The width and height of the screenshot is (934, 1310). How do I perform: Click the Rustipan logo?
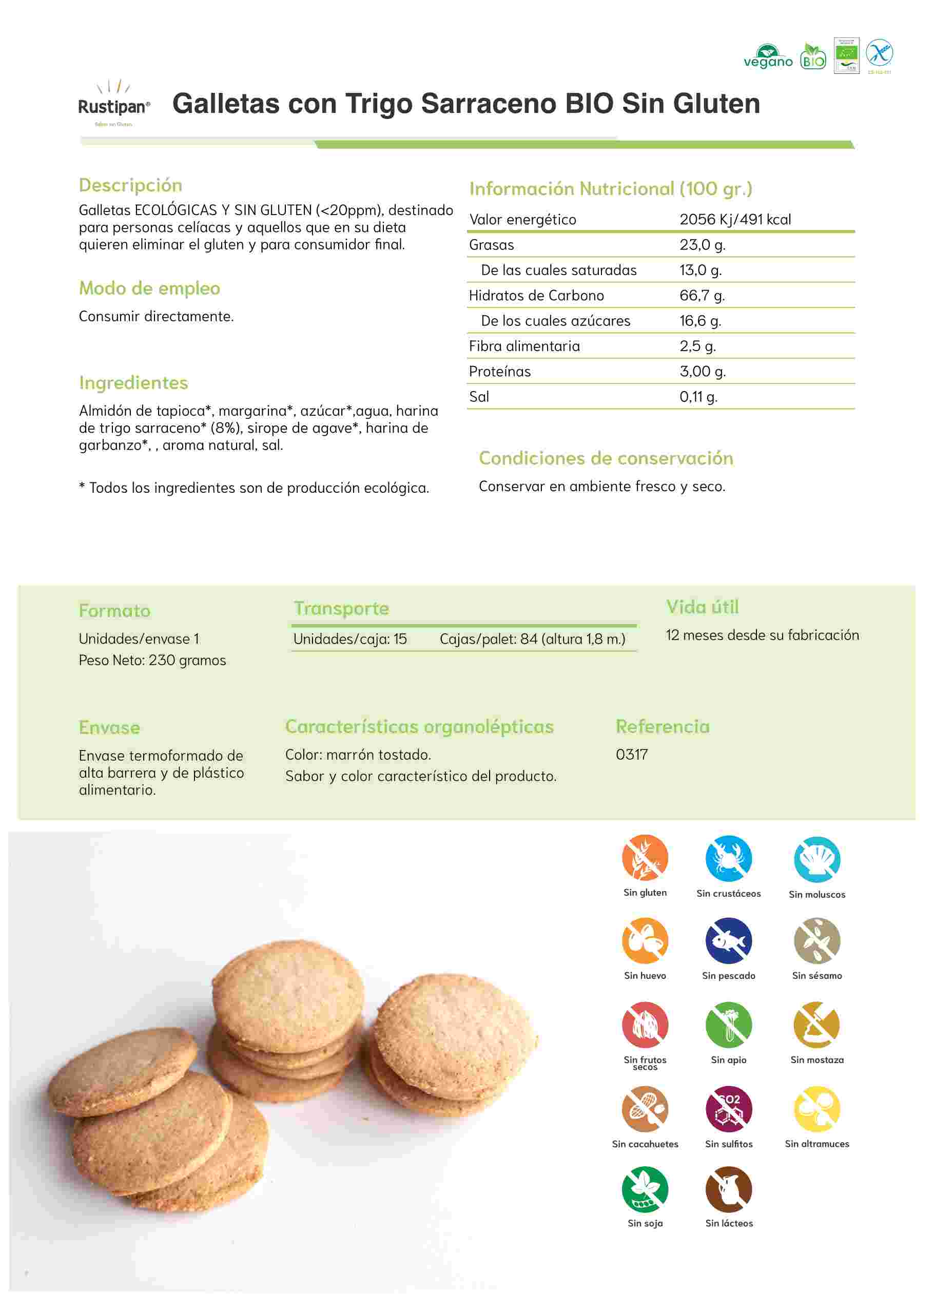point(114,104)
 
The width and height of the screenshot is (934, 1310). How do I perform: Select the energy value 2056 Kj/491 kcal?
point(734,219)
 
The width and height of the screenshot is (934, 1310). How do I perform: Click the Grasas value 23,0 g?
point(702,244)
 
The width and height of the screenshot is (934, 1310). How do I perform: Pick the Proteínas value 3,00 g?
point(702,371)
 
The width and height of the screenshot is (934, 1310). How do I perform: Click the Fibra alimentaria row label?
point(524,346)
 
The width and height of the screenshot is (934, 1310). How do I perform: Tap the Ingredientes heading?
point(133,382)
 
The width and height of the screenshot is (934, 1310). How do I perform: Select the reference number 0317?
point(632,754)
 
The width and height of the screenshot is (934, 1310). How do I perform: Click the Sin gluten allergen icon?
point(645,858)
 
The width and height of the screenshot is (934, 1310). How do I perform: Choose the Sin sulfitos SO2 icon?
point(728,1109)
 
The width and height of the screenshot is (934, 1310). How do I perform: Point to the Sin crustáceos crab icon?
point(728,858)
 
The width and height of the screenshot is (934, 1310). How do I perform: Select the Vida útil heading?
point(702,607)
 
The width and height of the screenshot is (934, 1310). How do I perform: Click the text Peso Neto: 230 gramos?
point(152,660)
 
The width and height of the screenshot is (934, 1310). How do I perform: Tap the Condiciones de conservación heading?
point(606,458)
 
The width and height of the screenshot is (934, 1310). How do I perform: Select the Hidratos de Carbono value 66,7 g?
point(702,295)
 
